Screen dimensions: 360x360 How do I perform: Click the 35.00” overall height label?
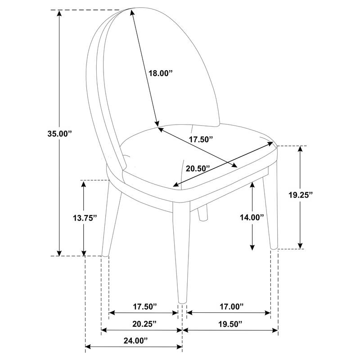tap(60, 134)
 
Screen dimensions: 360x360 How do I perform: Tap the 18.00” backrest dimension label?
tap(160, 73)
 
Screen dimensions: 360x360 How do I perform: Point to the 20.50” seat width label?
tap(198, 168)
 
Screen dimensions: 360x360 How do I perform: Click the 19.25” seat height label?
tap(301, 195)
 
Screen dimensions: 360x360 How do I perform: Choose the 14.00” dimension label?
tap(252, 217)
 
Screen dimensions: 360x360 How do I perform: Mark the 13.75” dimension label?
tap(85, 218)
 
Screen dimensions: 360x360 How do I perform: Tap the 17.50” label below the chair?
tap(145, 306)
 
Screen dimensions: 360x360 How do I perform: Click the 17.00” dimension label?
tap(231, 306)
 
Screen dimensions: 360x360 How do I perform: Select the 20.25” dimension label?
tap(144, 324)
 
